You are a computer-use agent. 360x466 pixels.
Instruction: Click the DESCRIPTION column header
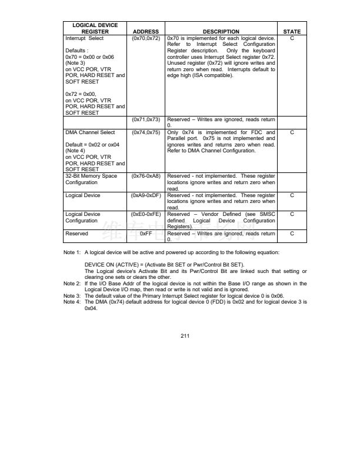221,32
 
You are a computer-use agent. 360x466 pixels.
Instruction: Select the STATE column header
292,32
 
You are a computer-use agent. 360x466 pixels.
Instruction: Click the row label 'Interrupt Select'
84,38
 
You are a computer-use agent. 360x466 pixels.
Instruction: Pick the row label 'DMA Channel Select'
90,132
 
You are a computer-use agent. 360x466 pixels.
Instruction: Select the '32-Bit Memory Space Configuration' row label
91,179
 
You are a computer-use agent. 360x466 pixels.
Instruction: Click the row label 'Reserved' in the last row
76,234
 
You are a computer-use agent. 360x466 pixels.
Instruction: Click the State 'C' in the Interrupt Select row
292,38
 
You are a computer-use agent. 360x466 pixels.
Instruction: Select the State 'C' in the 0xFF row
292,234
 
